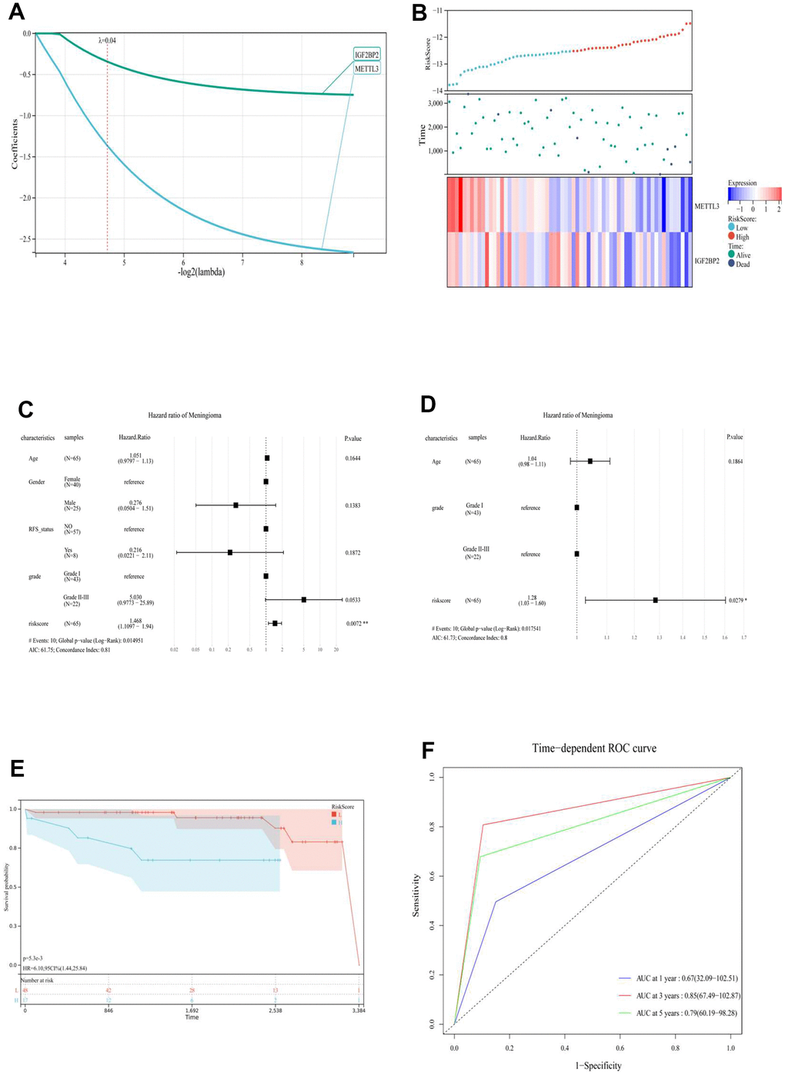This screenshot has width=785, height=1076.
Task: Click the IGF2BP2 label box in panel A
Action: pos(366,55)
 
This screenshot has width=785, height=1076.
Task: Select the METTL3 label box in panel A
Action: pos(366,69)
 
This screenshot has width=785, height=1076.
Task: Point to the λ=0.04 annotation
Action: pos(108,41)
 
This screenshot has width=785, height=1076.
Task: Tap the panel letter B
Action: pos(419,12)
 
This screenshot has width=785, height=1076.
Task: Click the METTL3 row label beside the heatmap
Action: pos(706,206)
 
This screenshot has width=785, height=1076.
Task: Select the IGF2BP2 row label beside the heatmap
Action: pos(707,261)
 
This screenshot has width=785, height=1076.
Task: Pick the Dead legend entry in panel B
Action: pos(742,265)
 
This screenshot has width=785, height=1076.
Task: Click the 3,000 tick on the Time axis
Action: pos(435,103)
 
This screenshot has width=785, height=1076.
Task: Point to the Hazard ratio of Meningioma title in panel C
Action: pos(185,415)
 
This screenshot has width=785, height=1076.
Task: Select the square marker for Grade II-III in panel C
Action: pos(304,599)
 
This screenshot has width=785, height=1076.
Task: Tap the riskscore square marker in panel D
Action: pos(656,600)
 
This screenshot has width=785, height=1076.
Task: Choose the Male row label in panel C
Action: pos(71,504)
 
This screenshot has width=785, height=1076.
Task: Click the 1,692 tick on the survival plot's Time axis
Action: pos(192,1011)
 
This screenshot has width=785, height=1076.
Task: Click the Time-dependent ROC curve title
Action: pos(594,748)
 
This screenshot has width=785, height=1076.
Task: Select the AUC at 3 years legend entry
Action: pos(676,996)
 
